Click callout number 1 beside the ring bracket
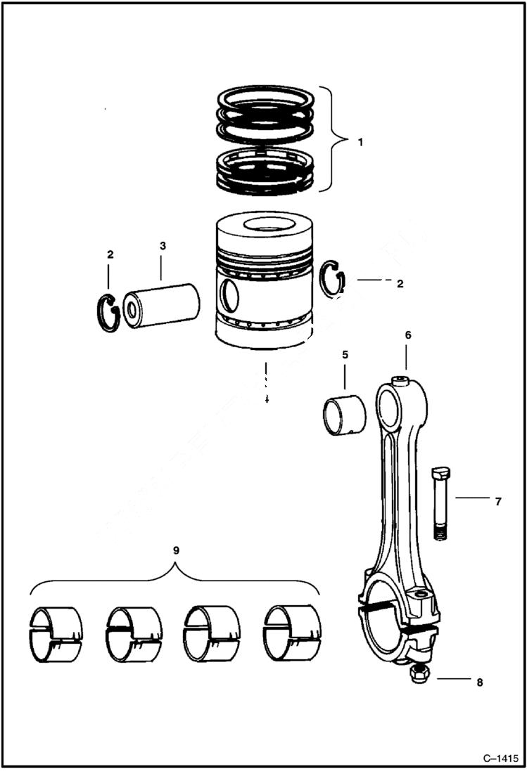360,141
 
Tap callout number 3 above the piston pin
162,246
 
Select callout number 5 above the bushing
345,355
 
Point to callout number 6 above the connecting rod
407,335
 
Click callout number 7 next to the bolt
497,501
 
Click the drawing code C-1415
500,758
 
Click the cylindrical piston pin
162,304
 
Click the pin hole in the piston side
229,296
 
